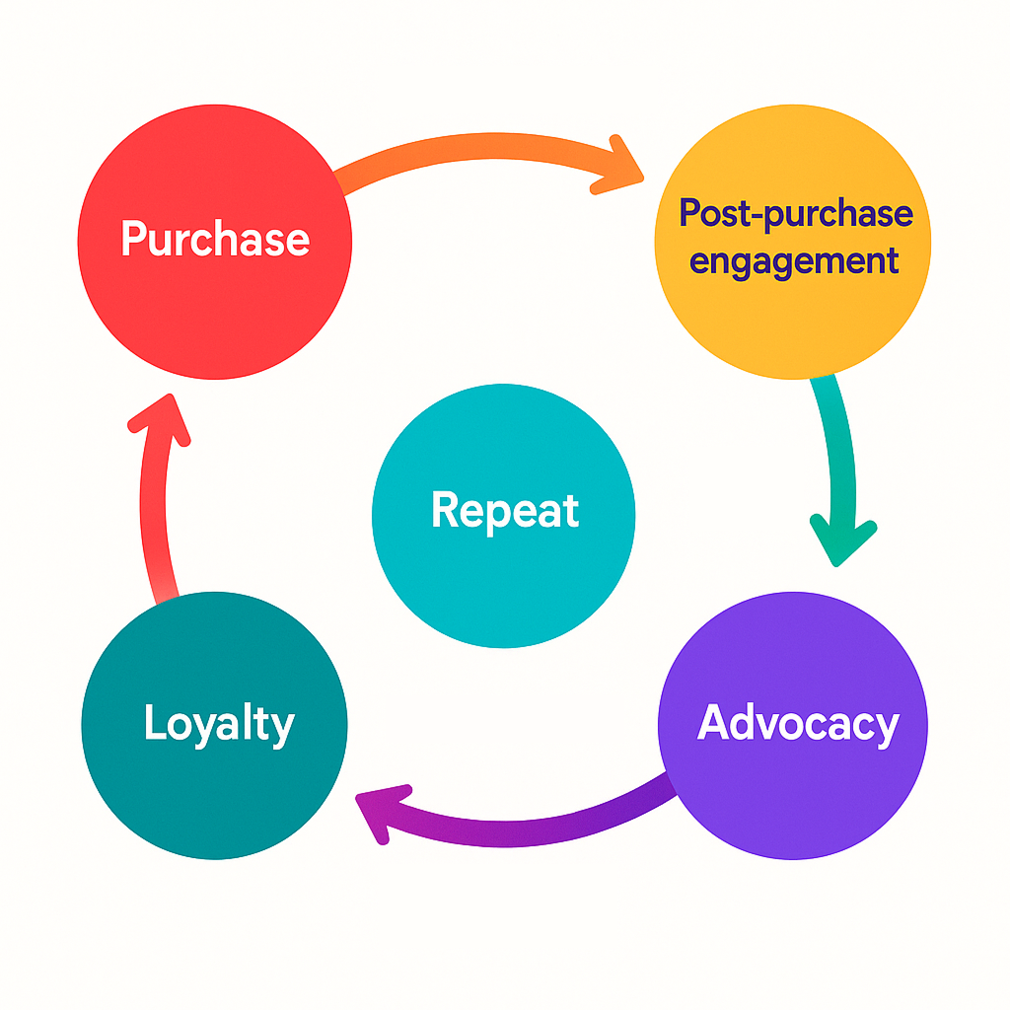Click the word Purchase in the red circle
[x=215, y=240]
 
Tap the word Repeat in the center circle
[x=505, y=511]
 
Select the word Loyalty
[x=219, y=724]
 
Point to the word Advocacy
[x=798, y=724]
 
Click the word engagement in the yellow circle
[x=794, y=261]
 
